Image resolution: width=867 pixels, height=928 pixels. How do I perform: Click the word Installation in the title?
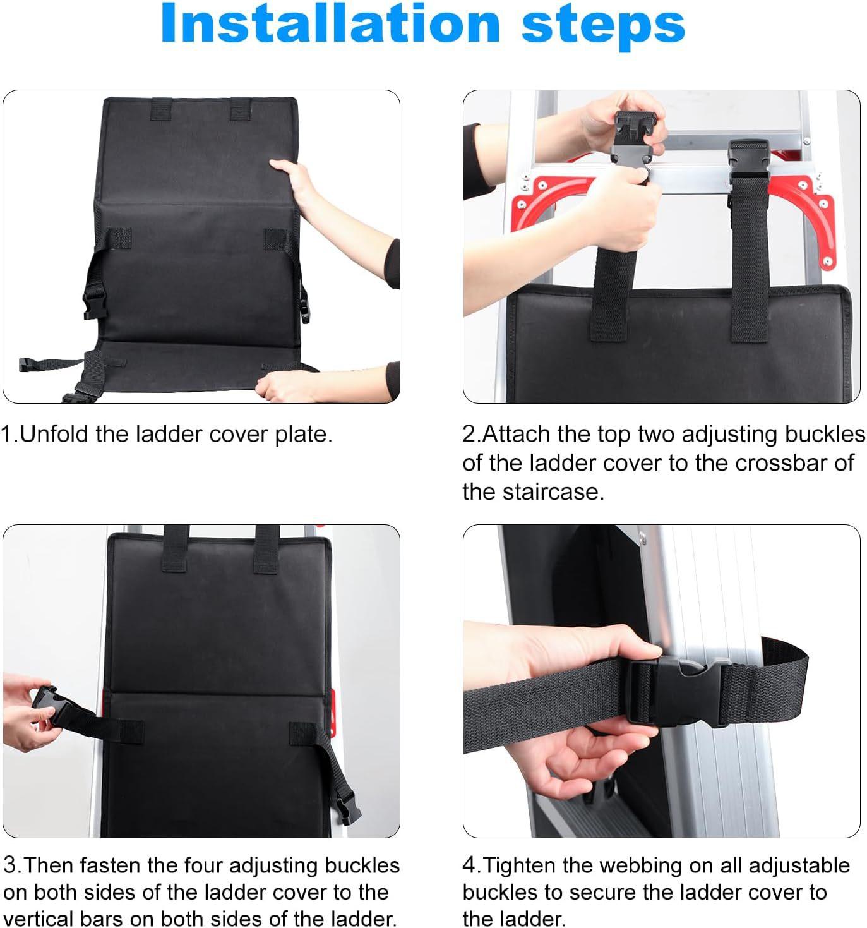click(330, 23)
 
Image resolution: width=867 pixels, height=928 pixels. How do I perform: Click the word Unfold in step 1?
click(55, 434)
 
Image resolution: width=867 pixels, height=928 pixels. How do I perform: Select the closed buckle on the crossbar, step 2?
click(748, 159)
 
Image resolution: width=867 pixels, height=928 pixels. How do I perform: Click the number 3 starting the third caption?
click(10, 866)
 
